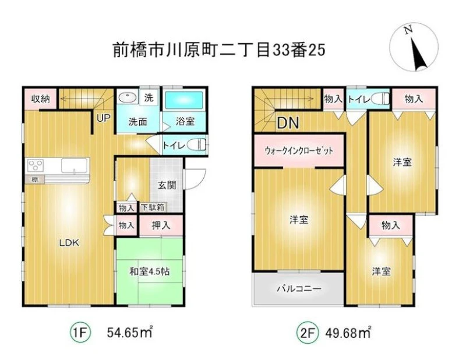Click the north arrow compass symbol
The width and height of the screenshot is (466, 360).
(x=414, y=47)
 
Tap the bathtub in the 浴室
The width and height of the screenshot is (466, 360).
(x=184, y=100)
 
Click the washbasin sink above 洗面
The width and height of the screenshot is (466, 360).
(x=128, y=97)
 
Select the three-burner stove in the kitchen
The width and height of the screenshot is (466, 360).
(x=36, y=165)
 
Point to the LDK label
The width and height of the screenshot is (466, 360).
(x=69, y=243)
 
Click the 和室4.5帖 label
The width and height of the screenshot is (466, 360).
(x=150, y=271)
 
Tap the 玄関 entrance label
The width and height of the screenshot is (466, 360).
(x=167, y=185)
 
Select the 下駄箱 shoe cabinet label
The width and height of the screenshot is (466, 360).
(x=152, y=207)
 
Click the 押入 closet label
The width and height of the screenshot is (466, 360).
(x=161, y=225)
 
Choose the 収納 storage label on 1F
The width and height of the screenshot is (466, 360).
(x=40, y=98)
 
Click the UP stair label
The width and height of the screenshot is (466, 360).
(x=104, y=118)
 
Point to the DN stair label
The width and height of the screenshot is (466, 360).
(x=288, y=123)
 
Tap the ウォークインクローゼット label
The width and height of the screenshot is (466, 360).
(x=299, y=151)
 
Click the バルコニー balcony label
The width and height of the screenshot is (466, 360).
(x=299, y=288)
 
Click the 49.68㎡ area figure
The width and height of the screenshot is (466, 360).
(x=348, y=333)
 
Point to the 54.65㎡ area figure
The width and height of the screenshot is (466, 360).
(x=129, y=333)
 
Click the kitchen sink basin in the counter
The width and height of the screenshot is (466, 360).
(x=75, y=165)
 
